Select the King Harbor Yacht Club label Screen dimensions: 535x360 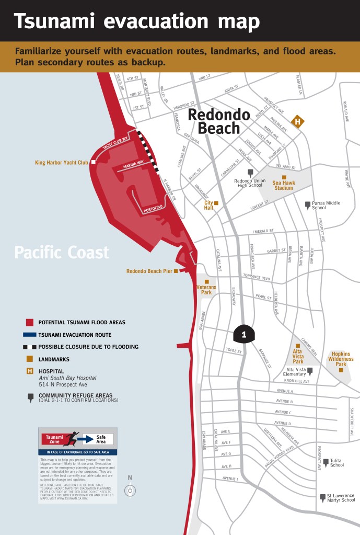[62, 163]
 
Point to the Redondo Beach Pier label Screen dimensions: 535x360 [149, 271]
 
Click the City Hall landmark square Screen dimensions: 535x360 [216, 203]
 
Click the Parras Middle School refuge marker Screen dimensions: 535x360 [308, 204]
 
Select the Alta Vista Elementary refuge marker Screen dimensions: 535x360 [310, 371]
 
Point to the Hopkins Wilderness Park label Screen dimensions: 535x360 [341, 359]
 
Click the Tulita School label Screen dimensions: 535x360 [337, 462]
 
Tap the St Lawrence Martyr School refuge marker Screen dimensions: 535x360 [322, 497]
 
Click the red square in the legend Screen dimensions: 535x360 [30, 323]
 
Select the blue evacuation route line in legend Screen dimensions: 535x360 [29, 335]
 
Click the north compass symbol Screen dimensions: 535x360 [130, 491]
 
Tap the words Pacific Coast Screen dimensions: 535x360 [62, 253]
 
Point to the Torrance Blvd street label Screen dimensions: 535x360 [256, 277]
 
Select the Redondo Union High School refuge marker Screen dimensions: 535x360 [250, 173]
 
